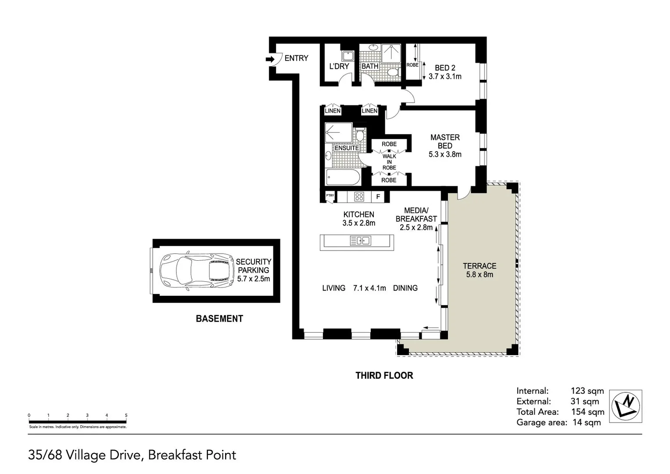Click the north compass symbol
pyautogui.click(x=627, y=406)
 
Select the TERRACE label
pyautogui.click(x=480, y=266)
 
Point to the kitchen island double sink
pyautogui.click(x=360, y=241)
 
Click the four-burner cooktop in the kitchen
pyautogui.click(x=359, y=197)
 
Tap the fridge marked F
pyautogui.click(x=378, y=197)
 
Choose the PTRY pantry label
pyautogui.click(x=330, y=196)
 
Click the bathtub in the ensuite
pyautogui.click(x=343, y=179)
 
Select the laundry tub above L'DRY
pyautogui.click(x=348, y=56)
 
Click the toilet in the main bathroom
pyautogui.click(x=393, y=72)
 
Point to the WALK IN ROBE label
pyautogui.click(x=389, y=162)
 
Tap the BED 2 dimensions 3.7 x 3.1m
pyautogui.click(x=445, y=76)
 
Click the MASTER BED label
pyautogui.click(x=445, y=141)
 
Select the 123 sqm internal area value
pyautogui.click(x=587, y=391)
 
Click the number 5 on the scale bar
pyautogui.click(x=126, y=415)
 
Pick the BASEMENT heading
pyautogui.click(x=219, y=319)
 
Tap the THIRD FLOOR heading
pyautogui.click(x=384, y=375)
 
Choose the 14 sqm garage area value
pyautogui.click(x=587, y=422)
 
